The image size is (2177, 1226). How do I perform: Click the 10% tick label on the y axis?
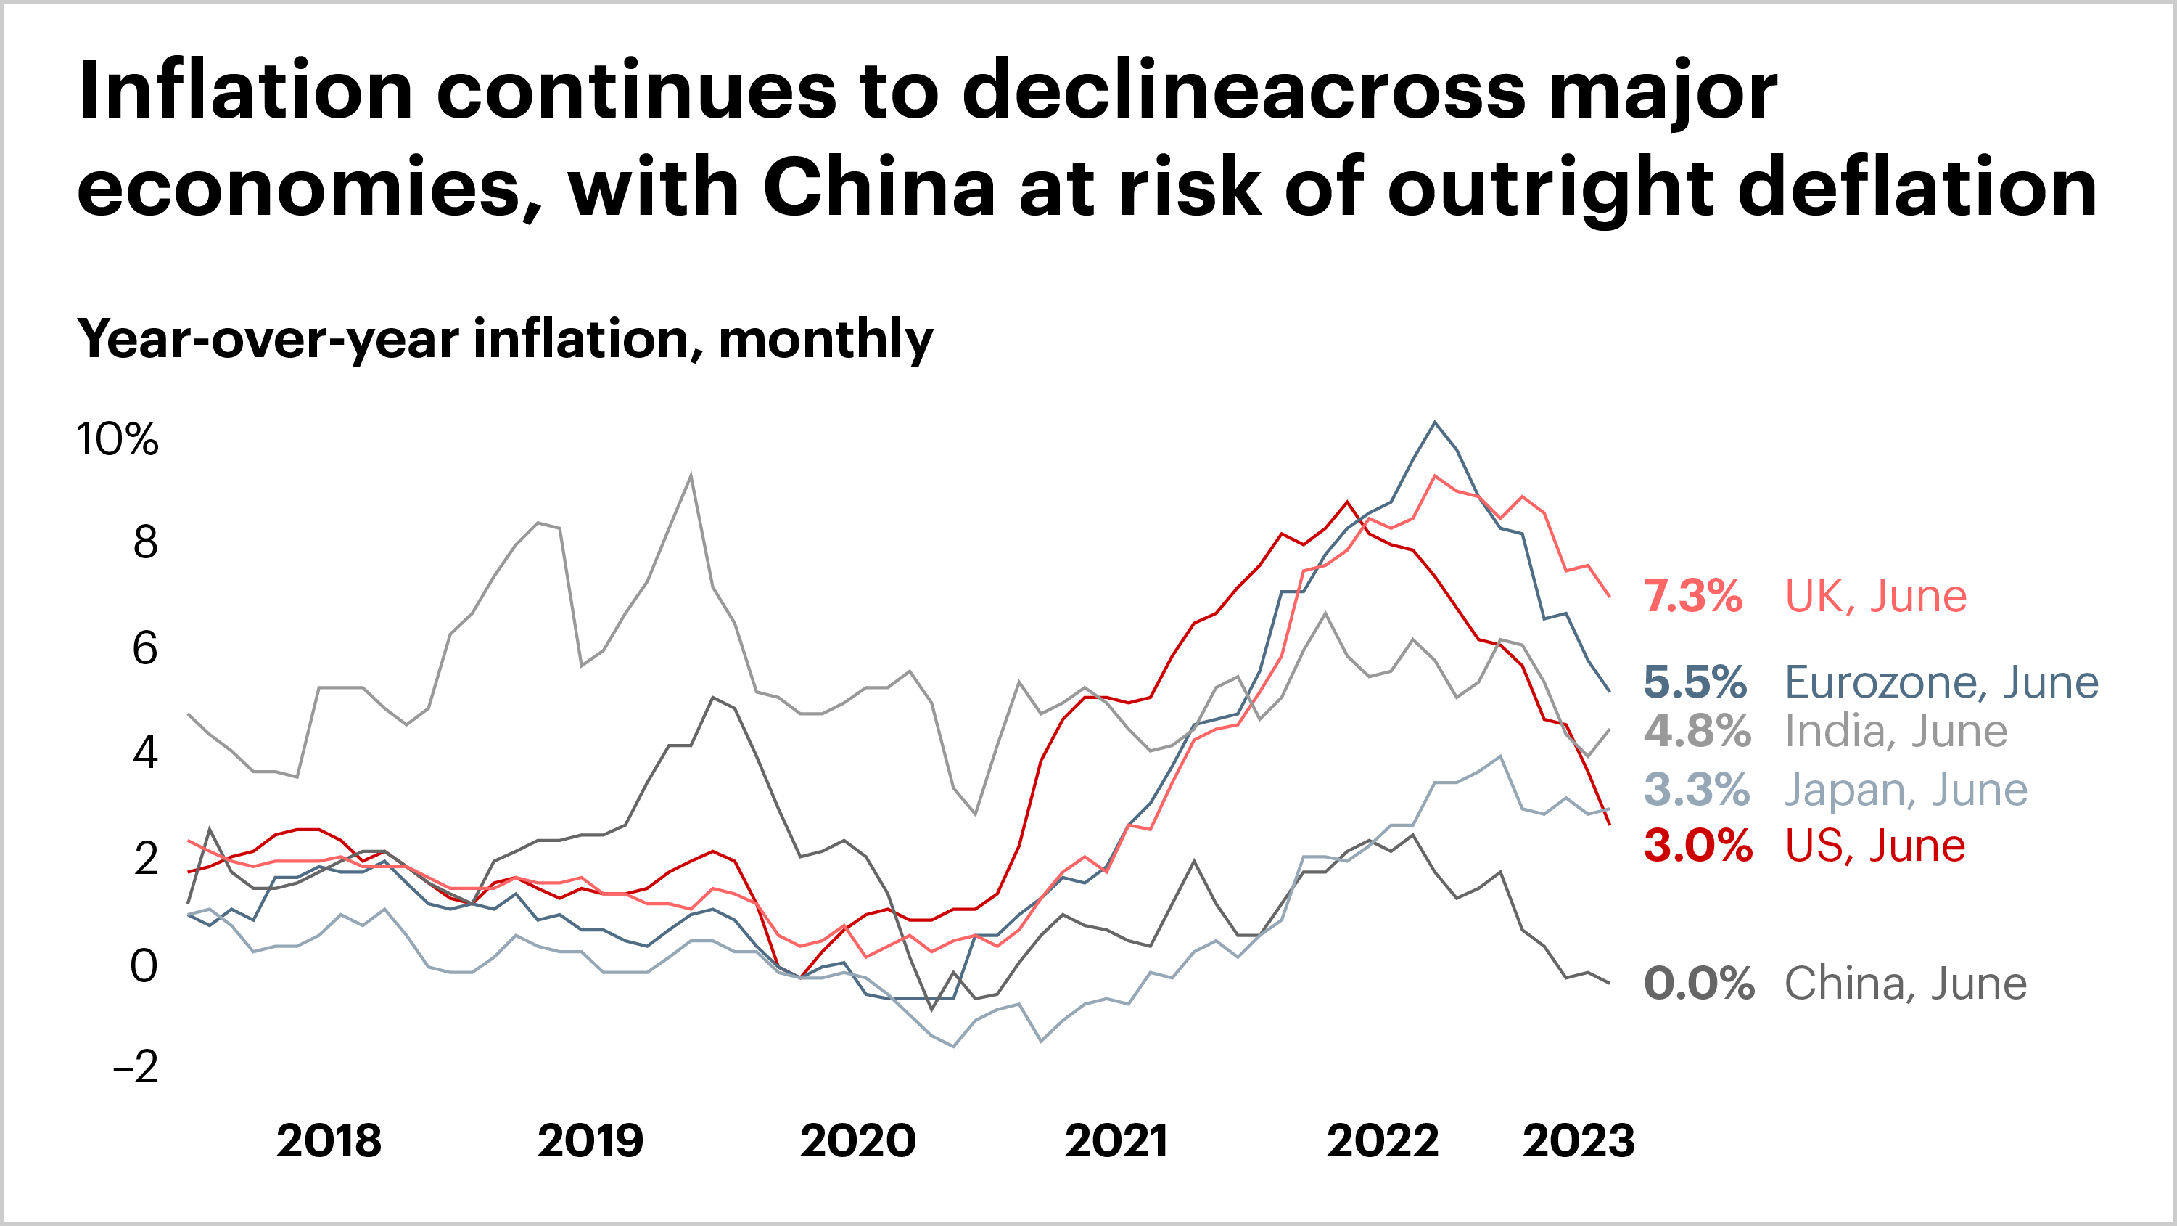[x=117, y=440]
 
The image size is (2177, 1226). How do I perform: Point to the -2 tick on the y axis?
[x=135, y=1067]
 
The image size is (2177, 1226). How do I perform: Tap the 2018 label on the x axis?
[x=329, y=1142]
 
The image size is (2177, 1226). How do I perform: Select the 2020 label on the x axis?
[x=857, y=1142]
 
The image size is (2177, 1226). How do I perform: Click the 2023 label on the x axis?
[x=1578, y=1142]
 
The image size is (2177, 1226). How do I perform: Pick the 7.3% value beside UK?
[x=1692, y=596]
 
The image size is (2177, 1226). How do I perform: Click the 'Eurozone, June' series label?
[x=1941, y=682]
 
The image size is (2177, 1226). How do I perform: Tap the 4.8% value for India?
[x=1697, y=732]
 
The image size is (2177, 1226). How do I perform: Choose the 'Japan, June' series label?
[x=1906, y=790]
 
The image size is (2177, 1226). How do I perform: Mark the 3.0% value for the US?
[x=1697, y=846]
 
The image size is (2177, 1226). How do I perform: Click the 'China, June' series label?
[x=1906, y=984]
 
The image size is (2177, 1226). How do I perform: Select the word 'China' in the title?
[x=879, y=188]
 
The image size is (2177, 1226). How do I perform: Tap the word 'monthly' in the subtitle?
[x=826, y=339]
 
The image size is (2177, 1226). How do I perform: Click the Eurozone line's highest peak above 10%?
[x=1434, y=422]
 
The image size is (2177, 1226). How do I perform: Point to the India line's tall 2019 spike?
[x=691, y=476]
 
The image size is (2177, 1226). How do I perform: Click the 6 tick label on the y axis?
[x=144, y=648]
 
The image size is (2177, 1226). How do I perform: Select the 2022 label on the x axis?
[x=1383, y=1142]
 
